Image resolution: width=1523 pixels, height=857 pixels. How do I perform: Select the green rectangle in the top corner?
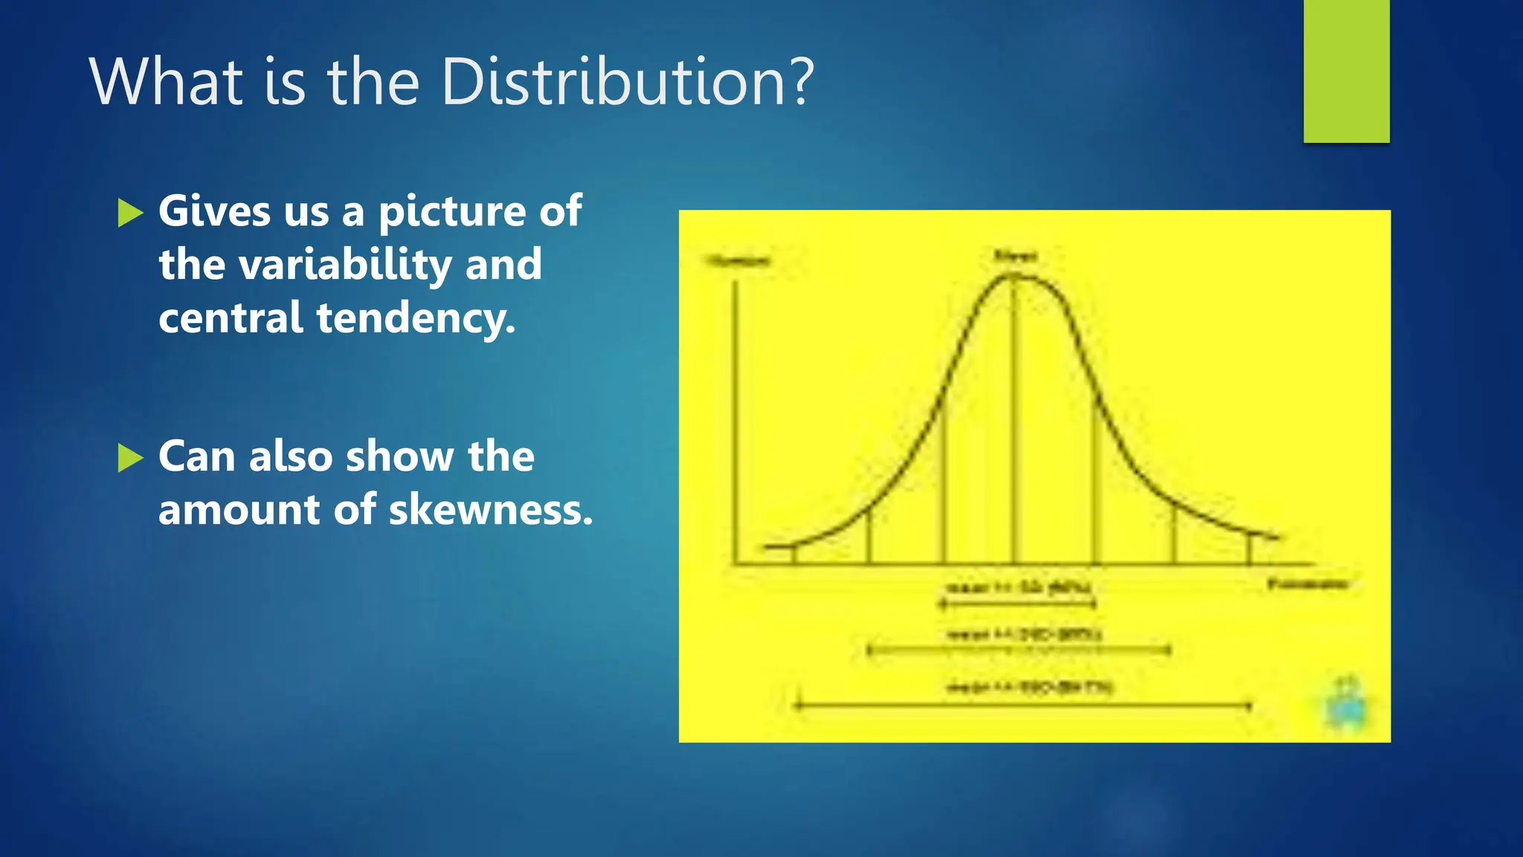pyautogui.click(x=1346, y=71)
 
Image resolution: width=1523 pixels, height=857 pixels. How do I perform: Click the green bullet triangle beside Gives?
pyautogui.click(x=130, y=213)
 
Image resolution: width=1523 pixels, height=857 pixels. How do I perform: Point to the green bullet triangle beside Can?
pyautogui.click(x=130, y=458)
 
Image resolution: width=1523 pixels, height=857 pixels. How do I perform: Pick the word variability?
pyautogui.click(x=345, y=265)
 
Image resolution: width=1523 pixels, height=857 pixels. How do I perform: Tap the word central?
pyautogui.click(x=230, y=318)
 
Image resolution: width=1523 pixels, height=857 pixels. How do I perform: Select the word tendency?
pyautogui.click(x=416, y=318)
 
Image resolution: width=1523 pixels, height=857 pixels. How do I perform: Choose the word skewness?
pyautogui.click(x=491, y=510)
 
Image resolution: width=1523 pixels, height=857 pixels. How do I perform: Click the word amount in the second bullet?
pyautogui.click(x=238, y=510)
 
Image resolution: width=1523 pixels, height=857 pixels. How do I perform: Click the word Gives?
pyautogui.click(x=214, y=211)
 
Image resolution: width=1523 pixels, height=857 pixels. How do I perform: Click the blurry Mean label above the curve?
pyautogui.click(x=1015, y=257)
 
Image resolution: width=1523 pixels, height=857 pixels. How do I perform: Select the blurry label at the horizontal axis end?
pyautogui.click(x=1307, y=584)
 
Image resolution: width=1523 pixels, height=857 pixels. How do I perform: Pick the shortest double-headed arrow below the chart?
pyautogui.click(x=1017, y=604)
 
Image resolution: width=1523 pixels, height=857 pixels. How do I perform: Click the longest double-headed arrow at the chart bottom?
pyautogui.click(x=1023, y=705)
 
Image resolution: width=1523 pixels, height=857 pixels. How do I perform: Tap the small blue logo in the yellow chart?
pyautogui.click(x=1347, y=703)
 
